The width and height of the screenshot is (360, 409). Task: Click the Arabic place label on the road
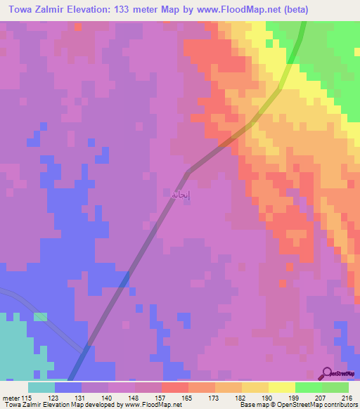(x=181, y=195)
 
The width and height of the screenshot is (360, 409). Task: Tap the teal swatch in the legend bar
(x=41, y=387)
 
